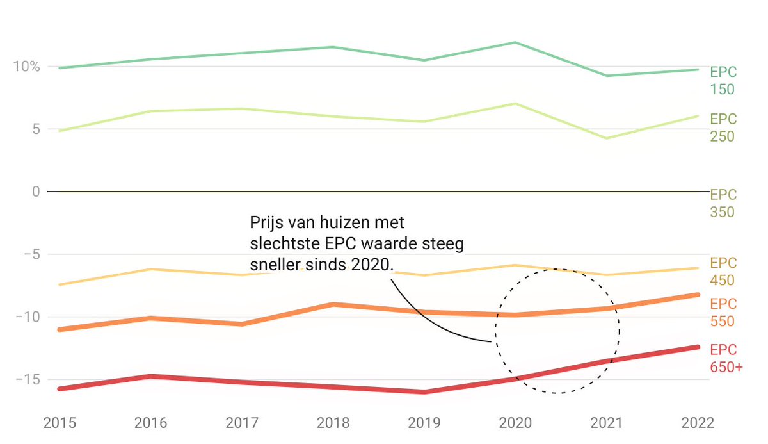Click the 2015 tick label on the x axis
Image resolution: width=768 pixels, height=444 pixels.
click(60, 423)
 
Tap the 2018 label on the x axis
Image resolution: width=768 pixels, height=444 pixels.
click(332, 423)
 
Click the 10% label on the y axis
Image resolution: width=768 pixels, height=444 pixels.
click(26, 67)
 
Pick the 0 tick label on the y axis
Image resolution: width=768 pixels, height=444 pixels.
click(35, 192)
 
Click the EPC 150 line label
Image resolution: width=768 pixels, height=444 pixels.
click(723, 81)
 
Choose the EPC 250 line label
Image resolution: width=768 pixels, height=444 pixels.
click(723, 127)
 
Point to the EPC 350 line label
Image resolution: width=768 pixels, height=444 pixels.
click(723, 203)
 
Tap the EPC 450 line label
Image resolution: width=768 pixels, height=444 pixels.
click(723, 272)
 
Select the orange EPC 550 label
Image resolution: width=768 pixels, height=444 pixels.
click(723, 312)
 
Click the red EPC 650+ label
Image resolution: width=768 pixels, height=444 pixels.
click(726, 359)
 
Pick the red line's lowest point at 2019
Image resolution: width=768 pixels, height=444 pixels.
click(424, 391)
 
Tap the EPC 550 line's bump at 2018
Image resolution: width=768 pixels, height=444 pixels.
click(333, 304)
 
